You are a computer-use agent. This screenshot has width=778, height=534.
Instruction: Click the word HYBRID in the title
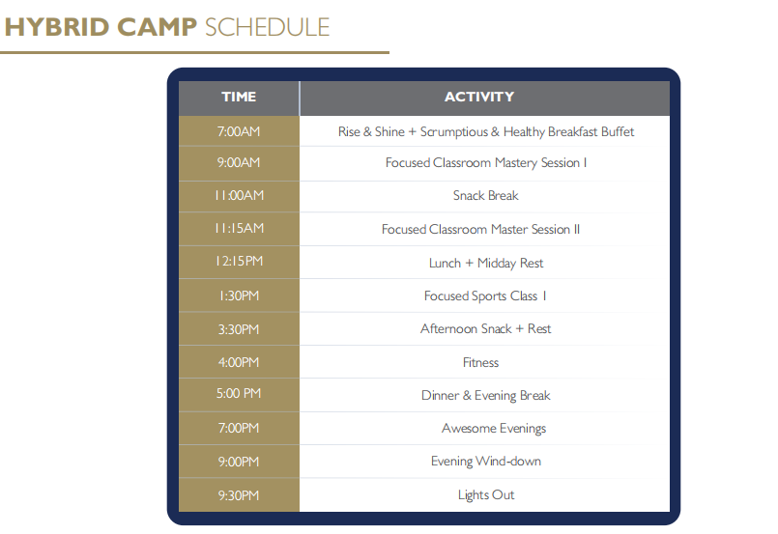point(57,27)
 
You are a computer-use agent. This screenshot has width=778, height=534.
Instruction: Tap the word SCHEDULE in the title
point(268,27)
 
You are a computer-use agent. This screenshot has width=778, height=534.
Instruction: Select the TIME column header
point(239,97)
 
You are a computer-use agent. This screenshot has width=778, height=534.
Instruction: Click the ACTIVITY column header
point(479,97)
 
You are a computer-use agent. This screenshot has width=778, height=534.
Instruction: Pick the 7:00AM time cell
point(239,131)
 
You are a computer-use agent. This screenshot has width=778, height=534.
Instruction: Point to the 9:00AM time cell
point(239,162)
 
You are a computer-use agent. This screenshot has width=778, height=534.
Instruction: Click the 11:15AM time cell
point(239,228)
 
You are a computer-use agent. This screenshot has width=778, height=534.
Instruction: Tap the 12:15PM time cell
point(239,261)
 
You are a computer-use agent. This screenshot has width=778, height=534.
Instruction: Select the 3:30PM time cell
point(239,329)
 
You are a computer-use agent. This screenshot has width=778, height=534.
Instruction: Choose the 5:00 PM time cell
point(239,393)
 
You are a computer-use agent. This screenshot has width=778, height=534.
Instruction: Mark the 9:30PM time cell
point(239,494)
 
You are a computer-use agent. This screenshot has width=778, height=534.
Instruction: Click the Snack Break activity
point(486,195)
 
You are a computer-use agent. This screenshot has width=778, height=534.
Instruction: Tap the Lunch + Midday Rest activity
point(486,263)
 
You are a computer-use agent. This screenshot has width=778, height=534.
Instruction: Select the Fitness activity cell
point(480,362)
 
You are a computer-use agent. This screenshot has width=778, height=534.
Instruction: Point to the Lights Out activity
point(486,494)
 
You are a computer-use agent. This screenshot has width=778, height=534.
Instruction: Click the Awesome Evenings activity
point(494,429)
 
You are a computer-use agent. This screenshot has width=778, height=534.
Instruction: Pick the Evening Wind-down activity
point(486,462)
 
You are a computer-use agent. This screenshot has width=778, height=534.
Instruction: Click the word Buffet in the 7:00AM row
point(618,131)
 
